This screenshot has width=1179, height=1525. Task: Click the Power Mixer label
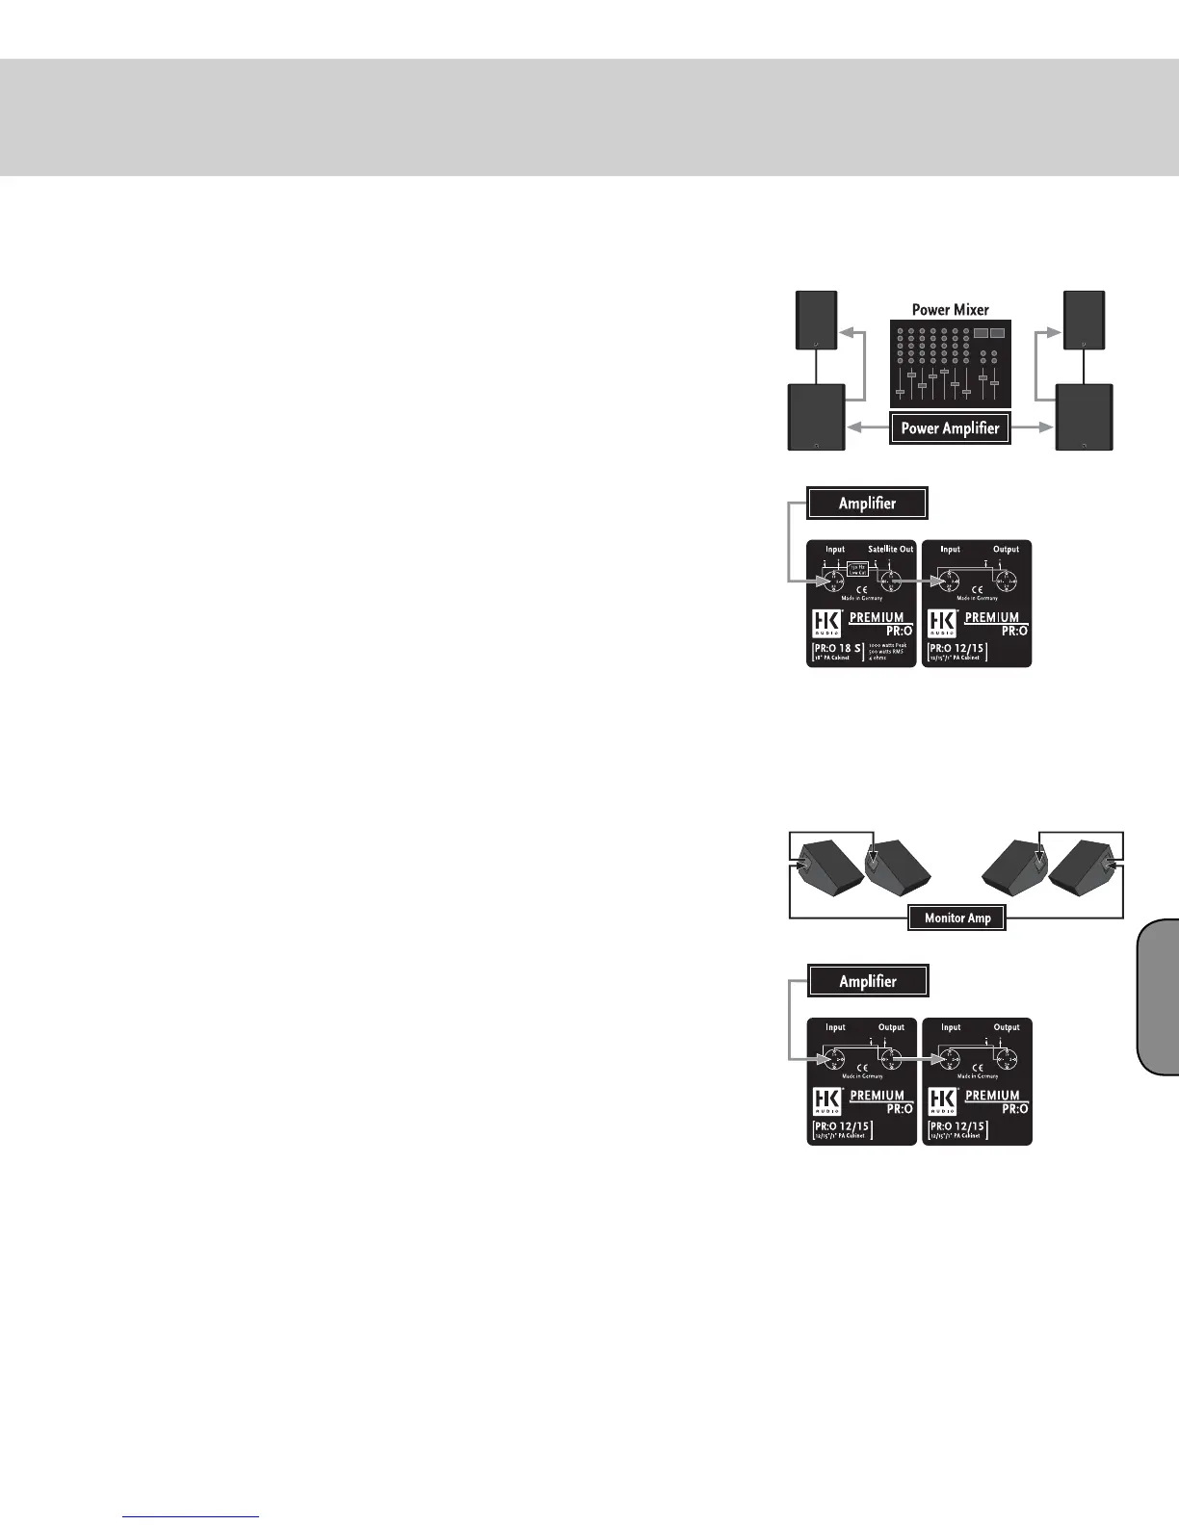tap(950, 310)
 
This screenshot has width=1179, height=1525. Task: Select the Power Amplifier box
tap(950, 428)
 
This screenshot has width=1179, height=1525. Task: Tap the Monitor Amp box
tap(957, 918)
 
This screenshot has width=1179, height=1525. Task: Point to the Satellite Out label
tap(890, 549)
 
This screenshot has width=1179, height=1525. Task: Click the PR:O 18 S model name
tap(837, 648)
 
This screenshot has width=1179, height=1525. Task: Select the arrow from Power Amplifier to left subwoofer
tap(866, 428)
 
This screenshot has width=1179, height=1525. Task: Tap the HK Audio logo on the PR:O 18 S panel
tap(826, 623)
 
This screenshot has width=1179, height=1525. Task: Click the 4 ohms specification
tap(878, 659)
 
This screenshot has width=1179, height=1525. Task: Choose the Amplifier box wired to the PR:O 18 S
tap(867, 503)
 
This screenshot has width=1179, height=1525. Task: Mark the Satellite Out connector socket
tap(890, 582)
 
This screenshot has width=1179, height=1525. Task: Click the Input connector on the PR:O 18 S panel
tap(834, 580)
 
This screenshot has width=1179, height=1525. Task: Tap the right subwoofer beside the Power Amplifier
tap(1085, 416)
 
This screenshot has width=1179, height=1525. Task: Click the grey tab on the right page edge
tap(1158, 996)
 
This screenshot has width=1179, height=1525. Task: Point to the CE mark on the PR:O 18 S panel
tap(862, 589)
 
